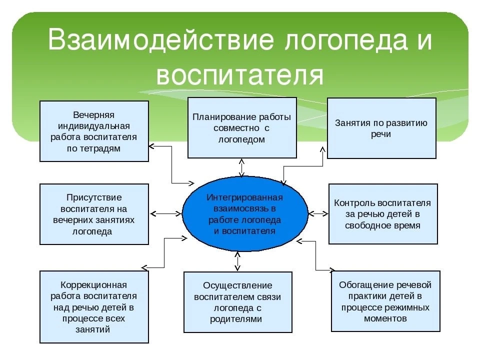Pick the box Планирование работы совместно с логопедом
click(241, 128)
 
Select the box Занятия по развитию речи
click(381, 128)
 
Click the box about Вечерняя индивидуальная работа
click(94, 131)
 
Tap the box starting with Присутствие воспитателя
click(94, 214)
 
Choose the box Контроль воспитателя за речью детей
click(382, 214)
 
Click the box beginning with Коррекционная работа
click(94, 306)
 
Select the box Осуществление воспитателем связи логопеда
click(237, 302)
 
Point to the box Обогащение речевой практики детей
click(385, 301)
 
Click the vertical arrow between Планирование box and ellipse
click(241, 167)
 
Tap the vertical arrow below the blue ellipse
click(238, 261)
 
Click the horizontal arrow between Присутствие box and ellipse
click(165, 214)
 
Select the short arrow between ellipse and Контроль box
click(318, 214)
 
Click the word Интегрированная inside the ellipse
click(244, 197)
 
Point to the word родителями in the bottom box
click(237, 318)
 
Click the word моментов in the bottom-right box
click(385, 318)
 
